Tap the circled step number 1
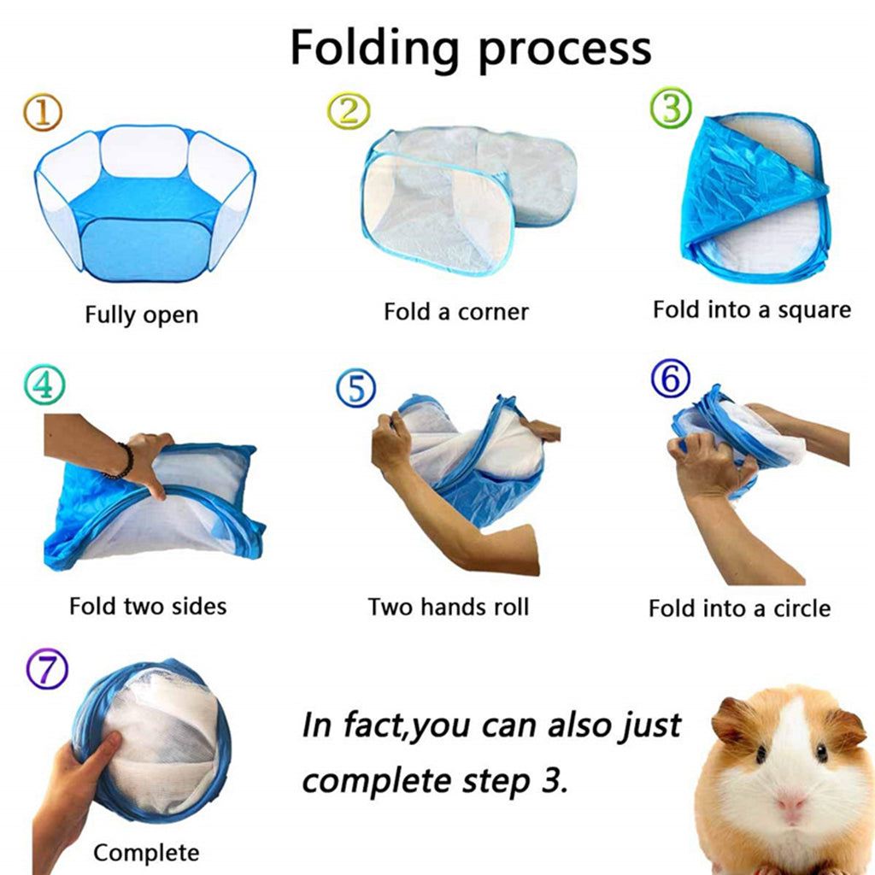(43, 113)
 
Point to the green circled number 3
(671, 109)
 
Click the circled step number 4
(43, 386)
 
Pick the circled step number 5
(356, 389)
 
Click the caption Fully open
(141, 314)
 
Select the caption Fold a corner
(455, 312)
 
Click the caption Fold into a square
(752, 309)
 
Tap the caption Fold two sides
(148, 607)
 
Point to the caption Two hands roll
(449, 607)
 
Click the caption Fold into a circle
(739, 608)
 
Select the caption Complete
(146, 852)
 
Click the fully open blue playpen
(145, 205)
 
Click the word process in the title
(565, 48)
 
